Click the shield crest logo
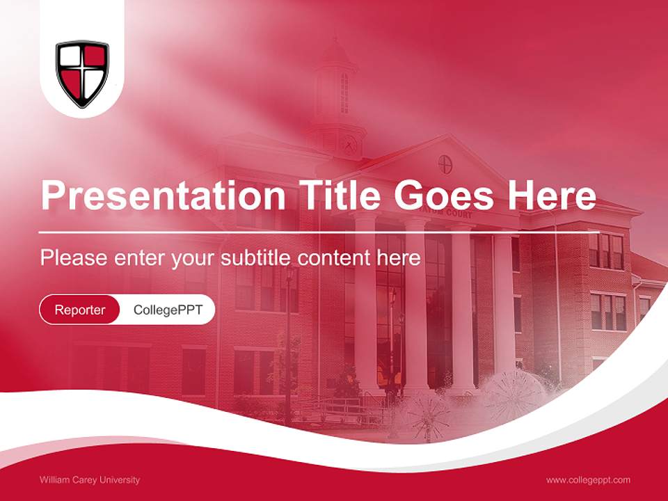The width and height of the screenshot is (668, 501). click(82, 73)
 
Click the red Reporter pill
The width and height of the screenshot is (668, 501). click(80, 310)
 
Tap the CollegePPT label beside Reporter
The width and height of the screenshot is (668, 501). click(168, 310)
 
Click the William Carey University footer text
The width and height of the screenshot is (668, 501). click(90, 480)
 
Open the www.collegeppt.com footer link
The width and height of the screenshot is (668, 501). click(588, 480)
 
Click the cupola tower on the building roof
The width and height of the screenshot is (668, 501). click(337, 90)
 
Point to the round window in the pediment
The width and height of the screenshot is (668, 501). click(445, 165)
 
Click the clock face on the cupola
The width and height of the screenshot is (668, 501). click(349, 145)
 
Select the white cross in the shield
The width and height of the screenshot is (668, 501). click(82, 72)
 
